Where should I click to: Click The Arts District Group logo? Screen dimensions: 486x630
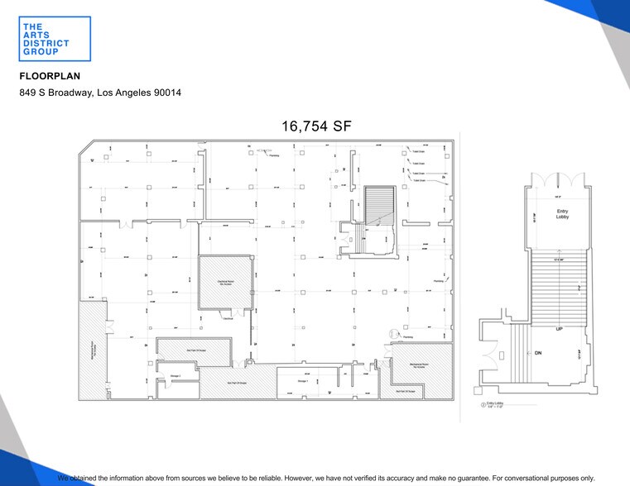(x=43, y=39)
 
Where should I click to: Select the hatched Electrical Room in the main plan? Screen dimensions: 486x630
(x=224, y=281)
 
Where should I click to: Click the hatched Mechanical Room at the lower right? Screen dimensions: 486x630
(x=419, y=364)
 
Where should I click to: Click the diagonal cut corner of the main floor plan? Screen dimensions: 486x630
(x=86, y=148)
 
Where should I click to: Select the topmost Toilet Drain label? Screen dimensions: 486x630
(x=419, y=151)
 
